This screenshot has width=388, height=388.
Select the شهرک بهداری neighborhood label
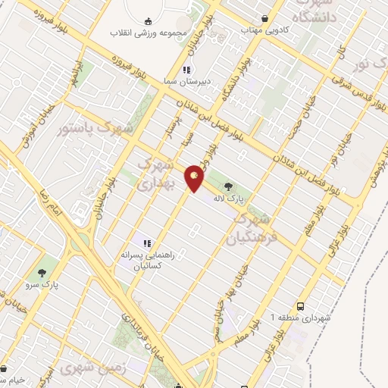click(158, 172)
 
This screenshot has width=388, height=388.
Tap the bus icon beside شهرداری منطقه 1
click(302, 306)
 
